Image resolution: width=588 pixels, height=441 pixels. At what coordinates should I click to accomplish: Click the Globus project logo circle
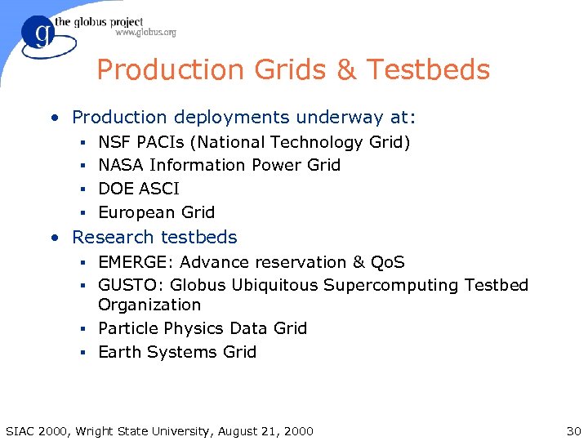pyautogui.click(x=38, y=36)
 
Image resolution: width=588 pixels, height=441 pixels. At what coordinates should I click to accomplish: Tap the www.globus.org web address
pyautogui.click(x=145, y=33)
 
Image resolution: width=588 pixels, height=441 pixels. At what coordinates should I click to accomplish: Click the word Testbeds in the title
pyautogui.click(x=429, y=70)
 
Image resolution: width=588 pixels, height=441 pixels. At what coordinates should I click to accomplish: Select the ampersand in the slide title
pyautogui.click(x=346, y=70)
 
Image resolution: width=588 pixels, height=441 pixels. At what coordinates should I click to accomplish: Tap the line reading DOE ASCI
pyautogui.click(x=138, y=189)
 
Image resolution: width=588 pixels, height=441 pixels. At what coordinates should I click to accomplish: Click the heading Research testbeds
pyautogui.click(x=154, y=237)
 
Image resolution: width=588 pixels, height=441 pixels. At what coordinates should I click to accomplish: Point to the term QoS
pyautogui.click(x=387, y=262)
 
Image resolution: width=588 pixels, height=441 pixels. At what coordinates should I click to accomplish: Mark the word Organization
pyautogui.click(x=149, y=305)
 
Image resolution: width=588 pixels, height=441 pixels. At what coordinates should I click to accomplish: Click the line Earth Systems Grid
pyautogui.click(x=177, y=352)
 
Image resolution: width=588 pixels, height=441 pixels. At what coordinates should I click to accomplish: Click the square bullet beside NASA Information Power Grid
pyautogui.click(x=84, y=166)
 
